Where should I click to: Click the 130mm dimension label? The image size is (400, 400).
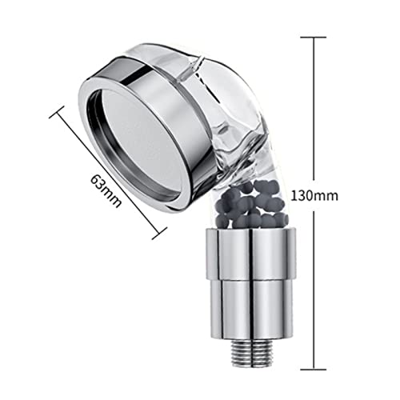point(314,196)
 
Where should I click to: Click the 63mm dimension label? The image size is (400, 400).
point(106,191)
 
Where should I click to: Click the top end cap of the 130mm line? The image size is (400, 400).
point(314,38)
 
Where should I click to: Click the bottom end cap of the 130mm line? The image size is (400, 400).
point(314,370)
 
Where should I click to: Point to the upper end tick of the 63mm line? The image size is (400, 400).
point(57,112)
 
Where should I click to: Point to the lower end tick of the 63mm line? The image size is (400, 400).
point(159,233)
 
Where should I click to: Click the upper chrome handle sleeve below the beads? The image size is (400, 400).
point(251,253)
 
